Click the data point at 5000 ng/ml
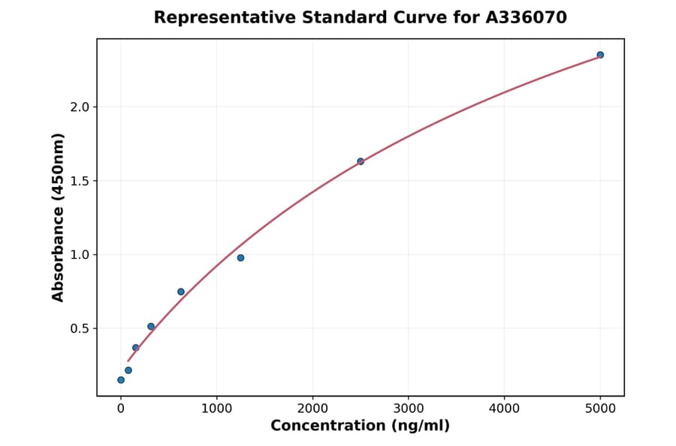point(600,55)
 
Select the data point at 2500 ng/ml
point(361,161)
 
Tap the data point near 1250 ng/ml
point(240,258)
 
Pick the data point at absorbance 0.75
point(181,291)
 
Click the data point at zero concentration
point(121,380)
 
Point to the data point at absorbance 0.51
point(151,327)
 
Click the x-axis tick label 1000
point(216,409)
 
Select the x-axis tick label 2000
point(312,409)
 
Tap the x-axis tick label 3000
point(408,409)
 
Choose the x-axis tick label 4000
point(504,409)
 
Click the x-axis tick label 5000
point(600,409)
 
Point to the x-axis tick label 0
point(121,409)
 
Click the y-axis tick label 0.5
point(80,329)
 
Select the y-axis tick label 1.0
point(80,255)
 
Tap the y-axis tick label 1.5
point(80,181)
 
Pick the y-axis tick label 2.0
point(80,107)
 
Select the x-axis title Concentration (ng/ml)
point(360,426)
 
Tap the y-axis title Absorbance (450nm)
point(59,217)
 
